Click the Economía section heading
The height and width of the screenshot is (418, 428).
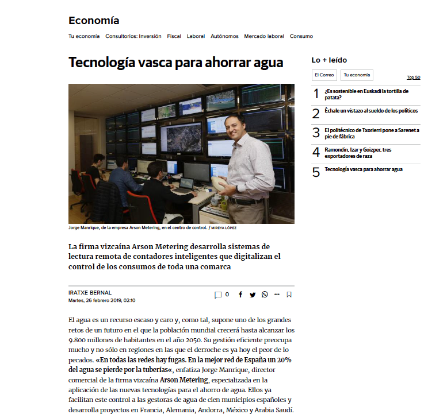tap(94, 21)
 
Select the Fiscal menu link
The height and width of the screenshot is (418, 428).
tap(174, 36)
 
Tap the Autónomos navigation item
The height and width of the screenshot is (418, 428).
tap(224, 36)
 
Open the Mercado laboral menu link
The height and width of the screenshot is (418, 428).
tap(264, 36)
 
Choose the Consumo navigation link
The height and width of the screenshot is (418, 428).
tap(301, 36)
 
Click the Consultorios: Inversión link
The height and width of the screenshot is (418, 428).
tap(133, 36)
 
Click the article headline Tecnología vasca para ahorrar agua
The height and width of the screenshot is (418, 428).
tap(176, 63)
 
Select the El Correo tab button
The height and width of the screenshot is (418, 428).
tap(324, 75)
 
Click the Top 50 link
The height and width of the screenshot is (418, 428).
tap(413, 78)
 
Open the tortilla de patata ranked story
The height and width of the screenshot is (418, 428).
tap(366, 94)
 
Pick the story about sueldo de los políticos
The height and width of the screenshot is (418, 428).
tap(371, 111)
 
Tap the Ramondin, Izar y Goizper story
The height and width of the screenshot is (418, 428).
tap(358, 153)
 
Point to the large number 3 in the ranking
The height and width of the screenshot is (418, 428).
tap(316, 133)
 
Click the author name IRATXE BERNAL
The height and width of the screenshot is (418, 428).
tap(90, 292)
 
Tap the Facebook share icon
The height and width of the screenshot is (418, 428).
tap(240, 295)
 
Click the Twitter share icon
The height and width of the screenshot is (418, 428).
tap(253, 295)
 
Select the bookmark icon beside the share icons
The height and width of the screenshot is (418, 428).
tap(289, 295)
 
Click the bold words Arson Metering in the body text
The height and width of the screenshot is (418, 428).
tap(184, 380)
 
